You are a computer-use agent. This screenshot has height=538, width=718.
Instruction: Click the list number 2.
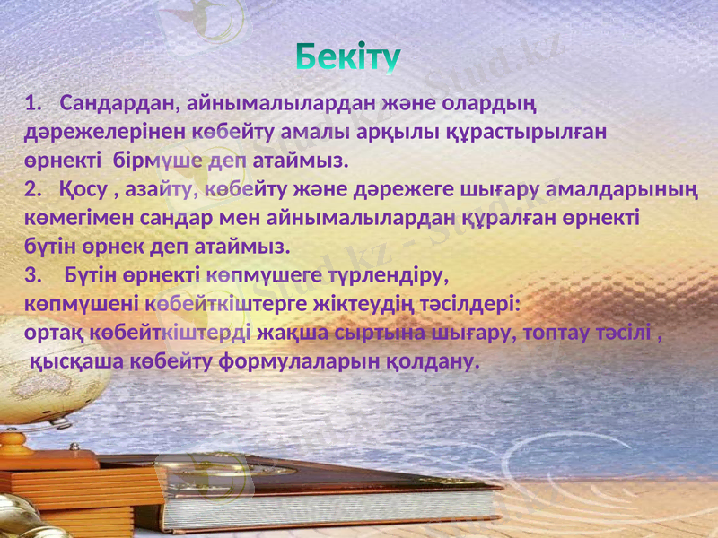[x=32, y=190]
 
